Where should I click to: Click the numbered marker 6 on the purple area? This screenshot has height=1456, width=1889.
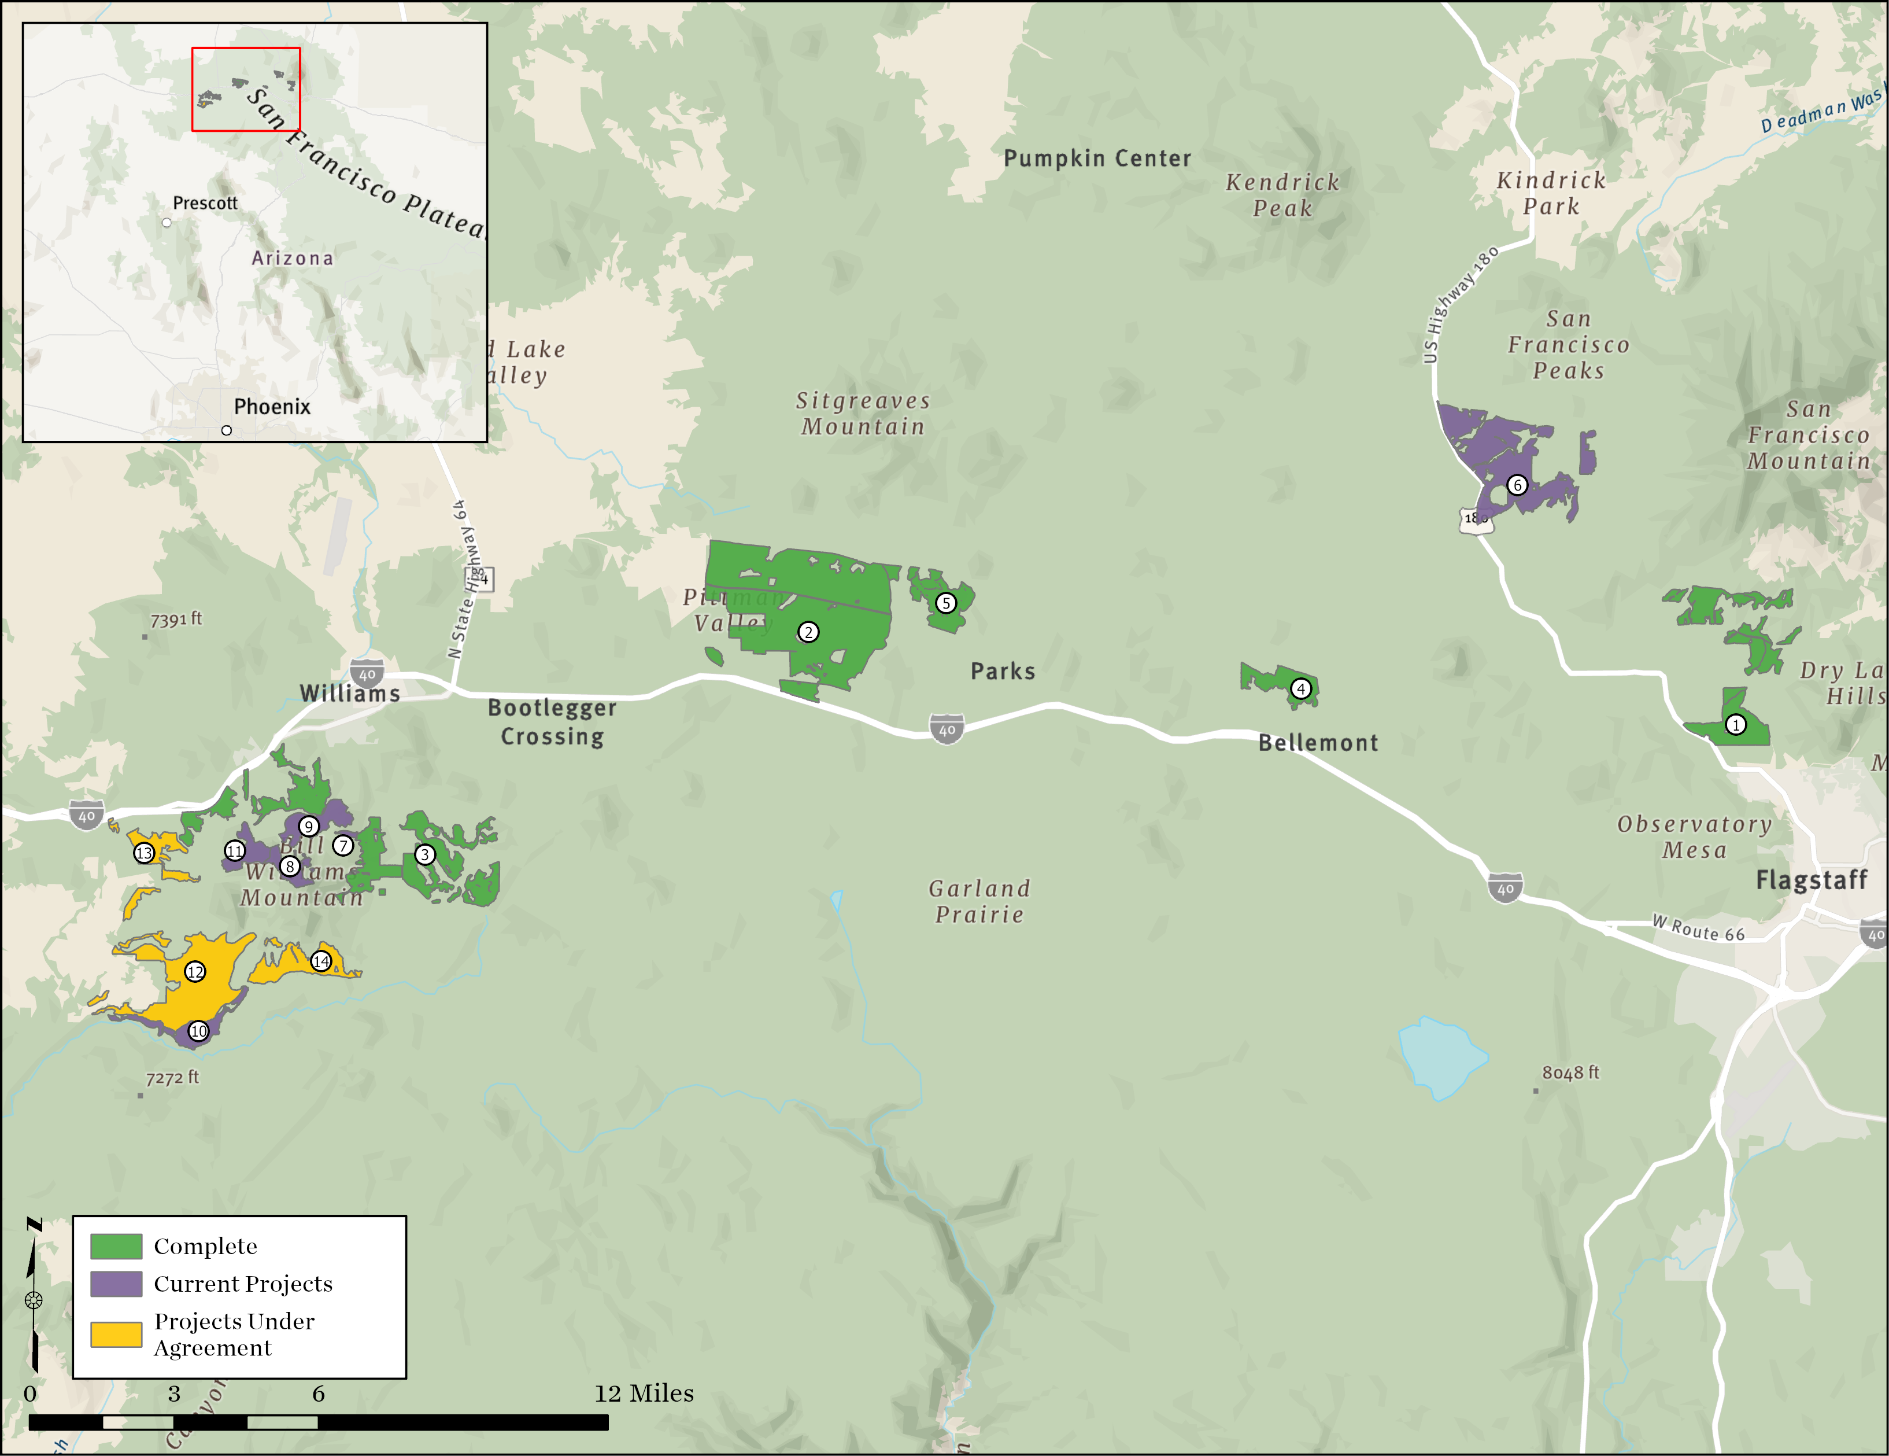[x=1517, y=485]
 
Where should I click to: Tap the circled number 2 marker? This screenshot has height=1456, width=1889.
[x=808, y=632]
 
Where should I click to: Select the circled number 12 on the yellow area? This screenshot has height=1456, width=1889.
[x=195, y=971]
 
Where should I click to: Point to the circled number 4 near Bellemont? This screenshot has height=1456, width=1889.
[x=1301, y=688]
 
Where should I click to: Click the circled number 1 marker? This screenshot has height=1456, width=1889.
[x=1735, y=725]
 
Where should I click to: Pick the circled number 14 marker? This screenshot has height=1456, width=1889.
[x=321, y=961]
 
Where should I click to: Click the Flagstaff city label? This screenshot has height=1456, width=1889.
[x=1811, y=880]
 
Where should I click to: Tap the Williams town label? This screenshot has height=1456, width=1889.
[x=349, y=693]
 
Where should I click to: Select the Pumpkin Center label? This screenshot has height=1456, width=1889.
[x=1097, y=158]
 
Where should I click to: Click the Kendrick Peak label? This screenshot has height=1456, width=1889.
[x=1282, y=196]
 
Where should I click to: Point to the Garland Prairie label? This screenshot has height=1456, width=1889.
[x=979, y=901]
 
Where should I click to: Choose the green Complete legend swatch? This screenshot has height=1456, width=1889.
[x=116, y=1247]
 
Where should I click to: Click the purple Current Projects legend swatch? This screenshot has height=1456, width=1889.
[x=116, y=1284]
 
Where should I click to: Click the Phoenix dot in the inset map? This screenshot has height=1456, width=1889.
[x=227, y=430]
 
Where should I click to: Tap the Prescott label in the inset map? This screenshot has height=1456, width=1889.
[x=205, y=203]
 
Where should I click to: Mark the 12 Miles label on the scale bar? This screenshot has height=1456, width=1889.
[x=644, y=1394]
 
